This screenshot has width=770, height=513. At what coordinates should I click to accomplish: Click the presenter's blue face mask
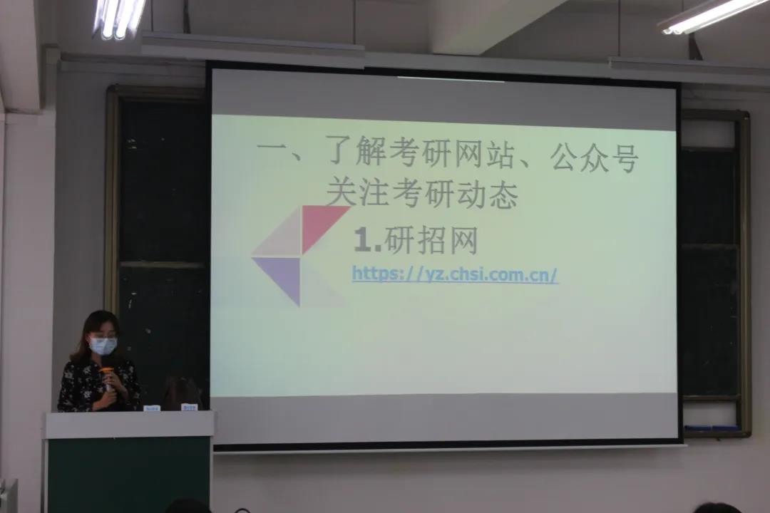click(103, 346)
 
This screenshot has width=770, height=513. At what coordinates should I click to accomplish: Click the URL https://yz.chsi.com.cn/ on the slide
click(455, 274)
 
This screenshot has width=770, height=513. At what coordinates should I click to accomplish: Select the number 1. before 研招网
click(368, 241)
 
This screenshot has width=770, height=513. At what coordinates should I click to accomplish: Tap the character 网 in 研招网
click(463, 241)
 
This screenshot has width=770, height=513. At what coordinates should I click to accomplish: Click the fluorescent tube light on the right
click(715, 16)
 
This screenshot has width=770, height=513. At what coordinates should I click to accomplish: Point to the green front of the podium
click(128, 475)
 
